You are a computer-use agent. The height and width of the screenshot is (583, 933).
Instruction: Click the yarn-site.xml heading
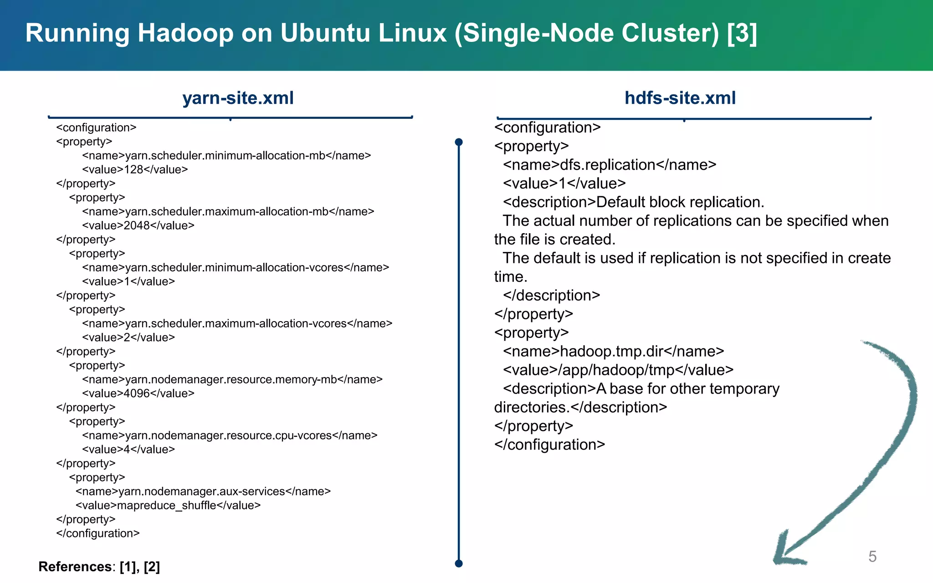pos(238,98)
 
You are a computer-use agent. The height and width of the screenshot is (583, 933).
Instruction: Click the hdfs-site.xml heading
pos(680,98)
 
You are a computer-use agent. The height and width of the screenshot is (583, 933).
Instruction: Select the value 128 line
pos(135,169)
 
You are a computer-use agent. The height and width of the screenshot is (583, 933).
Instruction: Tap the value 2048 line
pos(138,225)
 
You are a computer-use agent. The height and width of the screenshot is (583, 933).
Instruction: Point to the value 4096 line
pos(138,393)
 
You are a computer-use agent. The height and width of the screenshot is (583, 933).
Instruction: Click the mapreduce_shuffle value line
pos(168,505)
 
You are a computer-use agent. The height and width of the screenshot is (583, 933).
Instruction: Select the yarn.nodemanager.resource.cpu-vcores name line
pos(230,435)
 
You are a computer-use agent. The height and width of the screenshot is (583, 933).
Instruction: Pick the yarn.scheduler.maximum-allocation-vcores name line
pos(237,323)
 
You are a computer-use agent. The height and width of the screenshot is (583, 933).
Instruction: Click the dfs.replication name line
pos(610,165)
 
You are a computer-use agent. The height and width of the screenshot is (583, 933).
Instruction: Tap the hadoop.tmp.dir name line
pos(613,352)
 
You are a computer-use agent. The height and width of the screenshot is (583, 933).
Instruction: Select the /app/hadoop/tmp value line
pos(618,370)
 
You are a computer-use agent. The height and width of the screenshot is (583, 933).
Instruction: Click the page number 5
pos(872,557)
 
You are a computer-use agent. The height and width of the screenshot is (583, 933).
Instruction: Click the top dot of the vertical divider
pos(459,142)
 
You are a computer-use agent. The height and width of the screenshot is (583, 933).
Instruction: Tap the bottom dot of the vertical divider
pos(459,563)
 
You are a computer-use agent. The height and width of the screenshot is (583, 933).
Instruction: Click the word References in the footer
pos(75,567)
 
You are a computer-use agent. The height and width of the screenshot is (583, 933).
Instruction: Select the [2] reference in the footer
pos(152,567)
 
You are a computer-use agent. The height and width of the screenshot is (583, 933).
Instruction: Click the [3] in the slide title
pos(742,33)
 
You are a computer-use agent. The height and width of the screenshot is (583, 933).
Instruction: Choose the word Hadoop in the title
pos(185,33)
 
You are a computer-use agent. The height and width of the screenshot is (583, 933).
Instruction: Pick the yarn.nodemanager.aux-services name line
pos(203,491)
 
